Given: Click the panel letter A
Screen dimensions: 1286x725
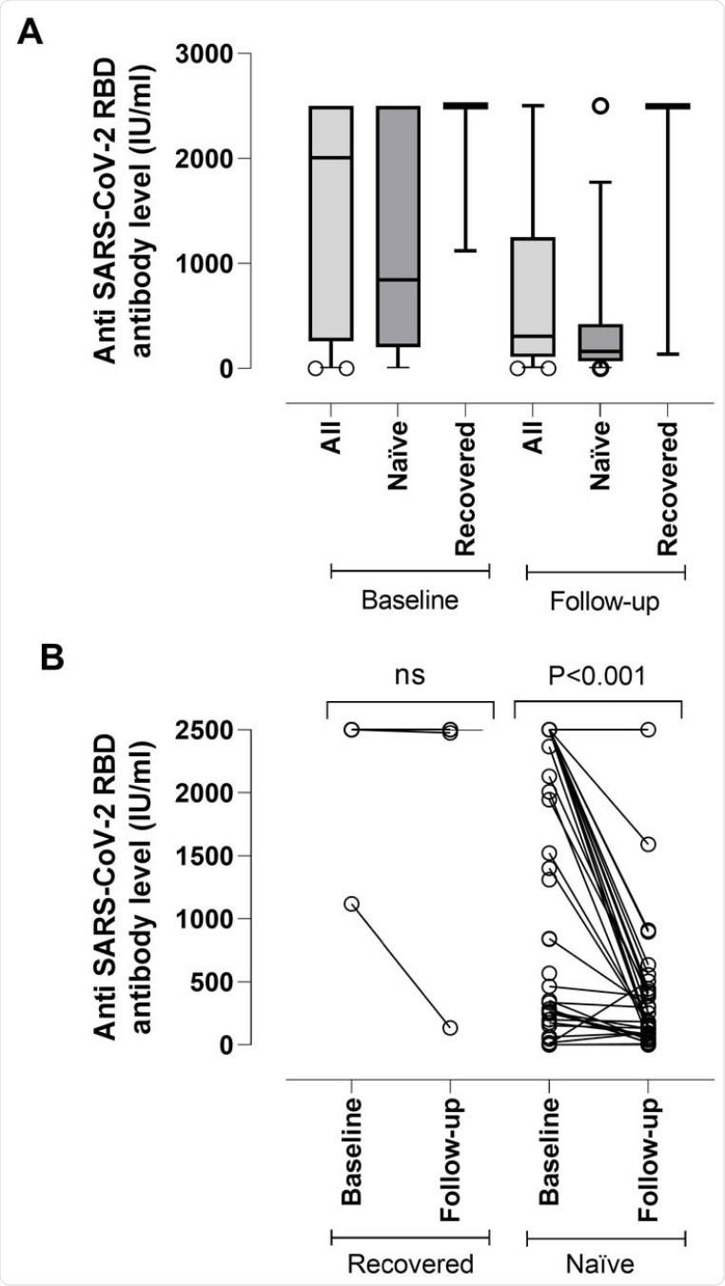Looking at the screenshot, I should [x=31, y=34].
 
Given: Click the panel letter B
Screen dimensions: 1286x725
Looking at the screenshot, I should [x=54, y=657].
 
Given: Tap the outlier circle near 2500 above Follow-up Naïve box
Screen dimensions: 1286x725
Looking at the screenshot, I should [x=600, y=106].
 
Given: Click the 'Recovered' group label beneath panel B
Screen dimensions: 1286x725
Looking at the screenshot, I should [x=410, y=1264].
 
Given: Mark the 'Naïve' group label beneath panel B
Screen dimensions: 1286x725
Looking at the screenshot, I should [x=606, y=1264].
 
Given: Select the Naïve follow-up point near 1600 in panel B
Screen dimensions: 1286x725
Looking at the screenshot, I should [x=648, y=844].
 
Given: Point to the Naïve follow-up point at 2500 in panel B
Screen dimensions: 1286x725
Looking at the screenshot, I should [x=648, y=730].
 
